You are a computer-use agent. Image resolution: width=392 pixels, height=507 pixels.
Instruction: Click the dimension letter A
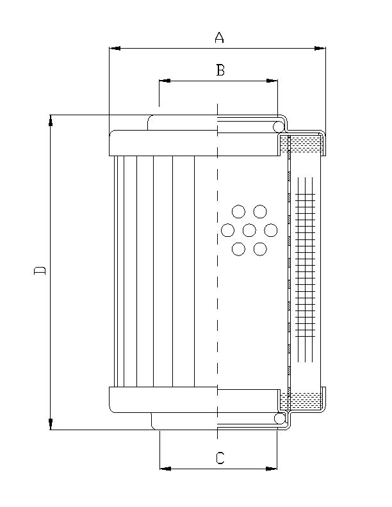tap(219, 38)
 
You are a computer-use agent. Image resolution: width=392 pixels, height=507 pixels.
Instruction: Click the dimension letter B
tap(220, 70)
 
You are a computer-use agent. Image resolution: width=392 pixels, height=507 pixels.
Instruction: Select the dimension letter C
tap(220, 458)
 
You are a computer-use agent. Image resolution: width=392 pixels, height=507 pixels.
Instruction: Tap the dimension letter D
tap(40, 270)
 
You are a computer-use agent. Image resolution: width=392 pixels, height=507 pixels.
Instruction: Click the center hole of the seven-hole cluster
tap(249, 230)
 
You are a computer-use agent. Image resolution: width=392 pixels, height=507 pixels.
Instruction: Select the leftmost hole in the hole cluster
tap(227, 230)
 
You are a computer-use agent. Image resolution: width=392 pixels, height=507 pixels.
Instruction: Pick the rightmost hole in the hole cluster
tap(271, 230)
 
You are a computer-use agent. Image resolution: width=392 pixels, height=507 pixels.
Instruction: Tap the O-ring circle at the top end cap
tap(280, 127)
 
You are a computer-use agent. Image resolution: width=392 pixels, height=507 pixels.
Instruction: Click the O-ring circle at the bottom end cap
tap(280, 418)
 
